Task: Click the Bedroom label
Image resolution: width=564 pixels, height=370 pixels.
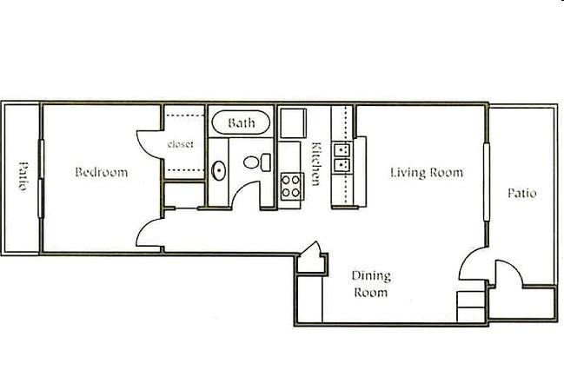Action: point(102,172)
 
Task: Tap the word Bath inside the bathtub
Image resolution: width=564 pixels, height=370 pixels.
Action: point(242,123)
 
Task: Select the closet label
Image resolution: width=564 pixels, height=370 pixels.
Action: point(180,144)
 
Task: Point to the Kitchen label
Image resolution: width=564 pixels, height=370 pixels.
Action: point(315,163)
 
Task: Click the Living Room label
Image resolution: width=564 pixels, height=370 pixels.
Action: point(427,173)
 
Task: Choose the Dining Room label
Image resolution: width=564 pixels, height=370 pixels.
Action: point(371,284)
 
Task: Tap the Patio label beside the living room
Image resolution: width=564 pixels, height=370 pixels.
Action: point(522,193)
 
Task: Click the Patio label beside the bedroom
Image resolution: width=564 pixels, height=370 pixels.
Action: point(23,176)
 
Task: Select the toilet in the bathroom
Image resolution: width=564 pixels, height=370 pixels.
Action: point(257,162)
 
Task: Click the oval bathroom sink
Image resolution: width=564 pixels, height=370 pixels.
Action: point(219,170)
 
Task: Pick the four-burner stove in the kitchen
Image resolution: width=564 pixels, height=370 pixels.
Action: point(291,187)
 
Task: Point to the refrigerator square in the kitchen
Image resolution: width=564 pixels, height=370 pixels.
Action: point(293,123)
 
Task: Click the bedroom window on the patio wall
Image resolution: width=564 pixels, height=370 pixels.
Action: point(41,179)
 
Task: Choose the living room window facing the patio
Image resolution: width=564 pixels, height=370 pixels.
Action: point(487,182)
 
